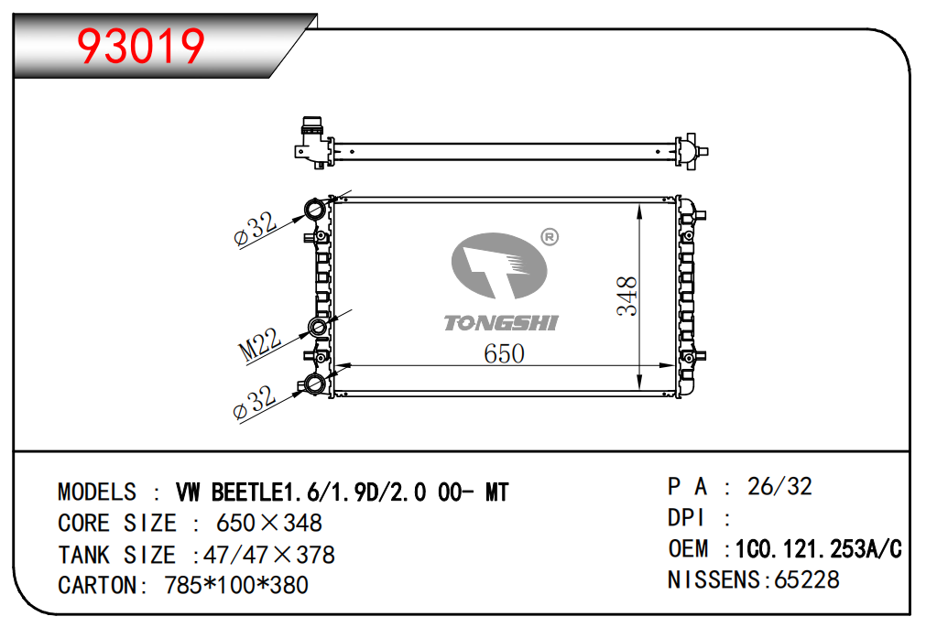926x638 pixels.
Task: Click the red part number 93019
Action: pos(140,46)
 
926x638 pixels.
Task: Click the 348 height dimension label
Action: pos(627,296)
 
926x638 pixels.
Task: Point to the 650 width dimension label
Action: pos(504,353)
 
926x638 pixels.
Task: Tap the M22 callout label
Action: pos(260,344)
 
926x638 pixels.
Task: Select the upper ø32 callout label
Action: pos(256,228)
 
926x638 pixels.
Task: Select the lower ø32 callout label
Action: pos(255,402)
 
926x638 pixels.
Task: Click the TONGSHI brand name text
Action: pos(501,323)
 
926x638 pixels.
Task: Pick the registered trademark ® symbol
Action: pos(550,237)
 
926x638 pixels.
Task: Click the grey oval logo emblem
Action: pos(499,265)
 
